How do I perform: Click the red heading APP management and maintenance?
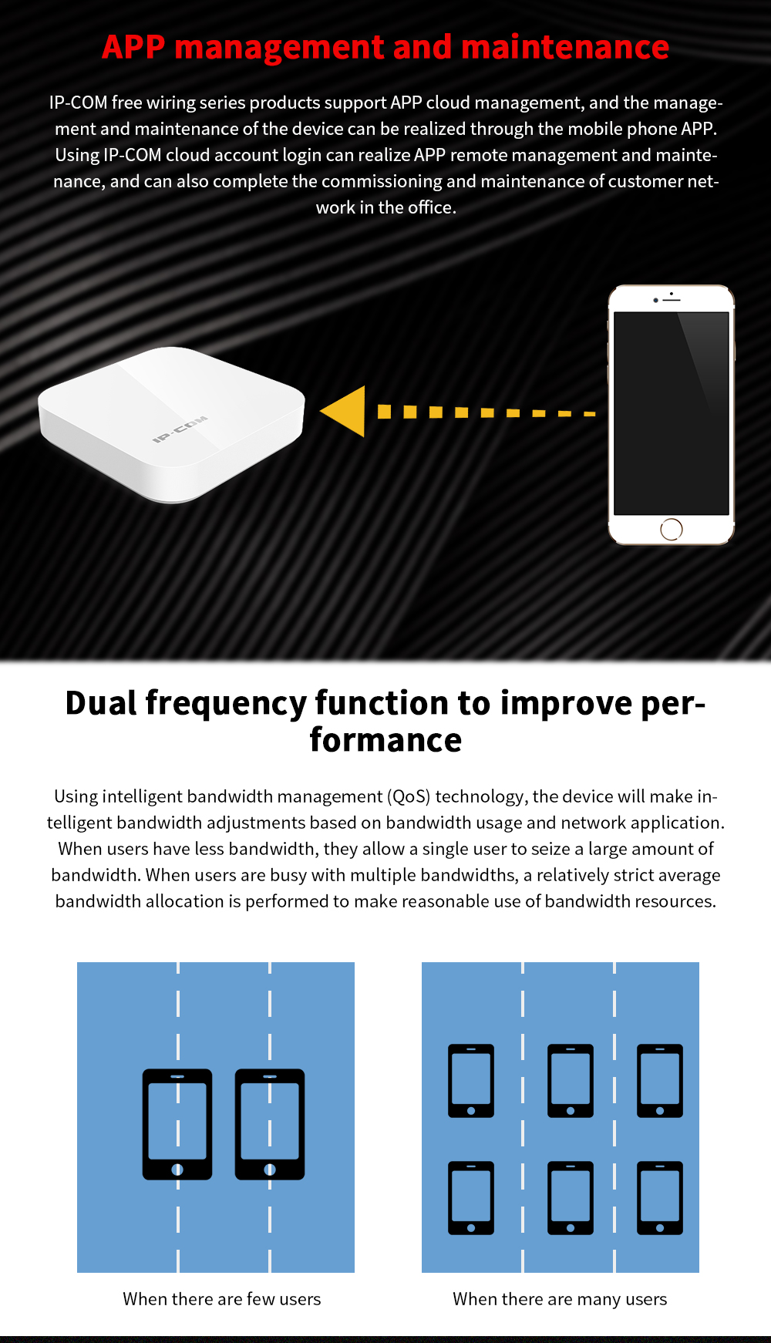(385, 48)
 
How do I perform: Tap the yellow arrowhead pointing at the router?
(344, 412)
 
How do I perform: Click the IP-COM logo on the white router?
(180, 429)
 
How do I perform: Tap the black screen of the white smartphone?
(672, 413)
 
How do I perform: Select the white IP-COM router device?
(172, 424)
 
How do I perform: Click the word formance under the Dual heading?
(385, 740)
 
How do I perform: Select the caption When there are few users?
(222, 1299)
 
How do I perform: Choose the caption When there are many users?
(561, 1300)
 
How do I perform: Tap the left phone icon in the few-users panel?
(177, 1124)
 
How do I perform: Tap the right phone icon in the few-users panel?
(270, 1124)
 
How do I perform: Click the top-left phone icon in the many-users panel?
(471, 1081)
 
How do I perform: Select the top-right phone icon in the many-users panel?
(660, 1081)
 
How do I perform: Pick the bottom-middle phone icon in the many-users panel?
(571, 1198)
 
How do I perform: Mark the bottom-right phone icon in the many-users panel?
(660, 1198)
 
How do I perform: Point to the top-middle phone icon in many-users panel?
(571, 1081)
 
